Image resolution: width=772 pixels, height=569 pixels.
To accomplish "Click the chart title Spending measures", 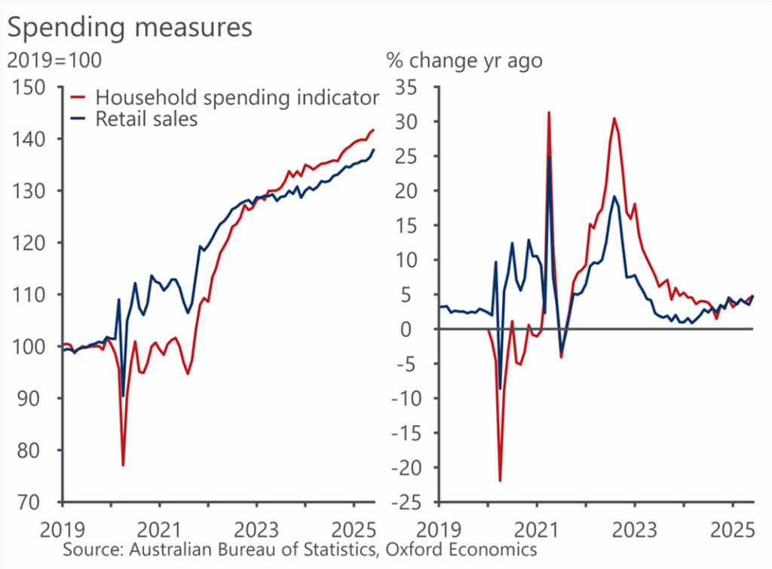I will pyautogui.click(x=130, y=27).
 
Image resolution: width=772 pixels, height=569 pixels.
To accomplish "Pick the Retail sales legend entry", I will pyautogui.click(x=146, y=118).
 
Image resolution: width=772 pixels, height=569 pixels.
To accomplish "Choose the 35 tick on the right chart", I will pyautogui.click(x=414, y=87).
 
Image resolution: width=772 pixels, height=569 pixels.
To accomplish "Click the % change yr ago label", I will pyautogui.click(x=464, y=60).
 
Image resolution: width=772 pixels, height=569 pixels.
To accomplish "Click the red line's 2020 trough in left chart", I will pyautogui.click(x=123, y=465).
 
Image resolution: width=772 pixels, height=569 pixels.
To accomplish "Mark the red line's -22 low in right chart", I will pyautogui.click(x=500, y=480).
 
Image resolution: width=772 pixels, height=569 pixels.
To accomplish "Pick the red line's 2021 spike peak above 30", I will pyautogui.click(x=548, y=112).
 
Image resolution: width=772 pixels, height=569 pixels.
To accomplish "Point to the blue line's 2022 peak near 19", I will pyautogui.click(x=614, y=197).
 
